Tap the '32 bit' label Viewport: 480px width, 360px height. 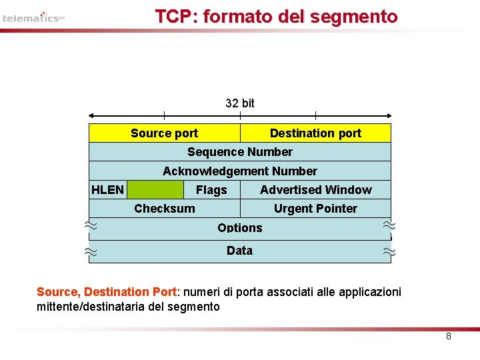pos(240,103)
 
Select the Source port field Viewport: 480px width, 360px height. pos(164,133)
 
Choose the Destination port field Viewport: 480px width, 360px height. pos(315,133)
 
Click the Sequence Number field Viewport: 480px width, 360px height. pos(240,152)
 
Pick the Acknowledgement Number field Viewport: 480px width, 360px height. pos(240,171)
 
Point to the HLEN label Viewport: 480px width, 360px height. pos(107,190)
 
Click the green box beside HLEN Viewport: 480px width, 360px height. pos(155,190)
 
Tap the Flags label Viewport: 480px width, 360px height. pos(211,191)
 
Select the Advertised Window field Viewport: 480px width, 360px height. pos(316,190)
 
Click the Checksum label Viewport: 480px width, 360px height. pos(165,209)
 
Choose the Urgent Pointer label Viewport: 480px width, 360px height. pos(315,209)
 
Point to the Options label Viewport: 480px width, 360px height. pos(240,227)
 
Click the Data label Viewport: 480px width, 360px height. pos(239,251)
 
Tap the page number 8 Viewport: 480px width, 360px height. pos(449,336)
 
